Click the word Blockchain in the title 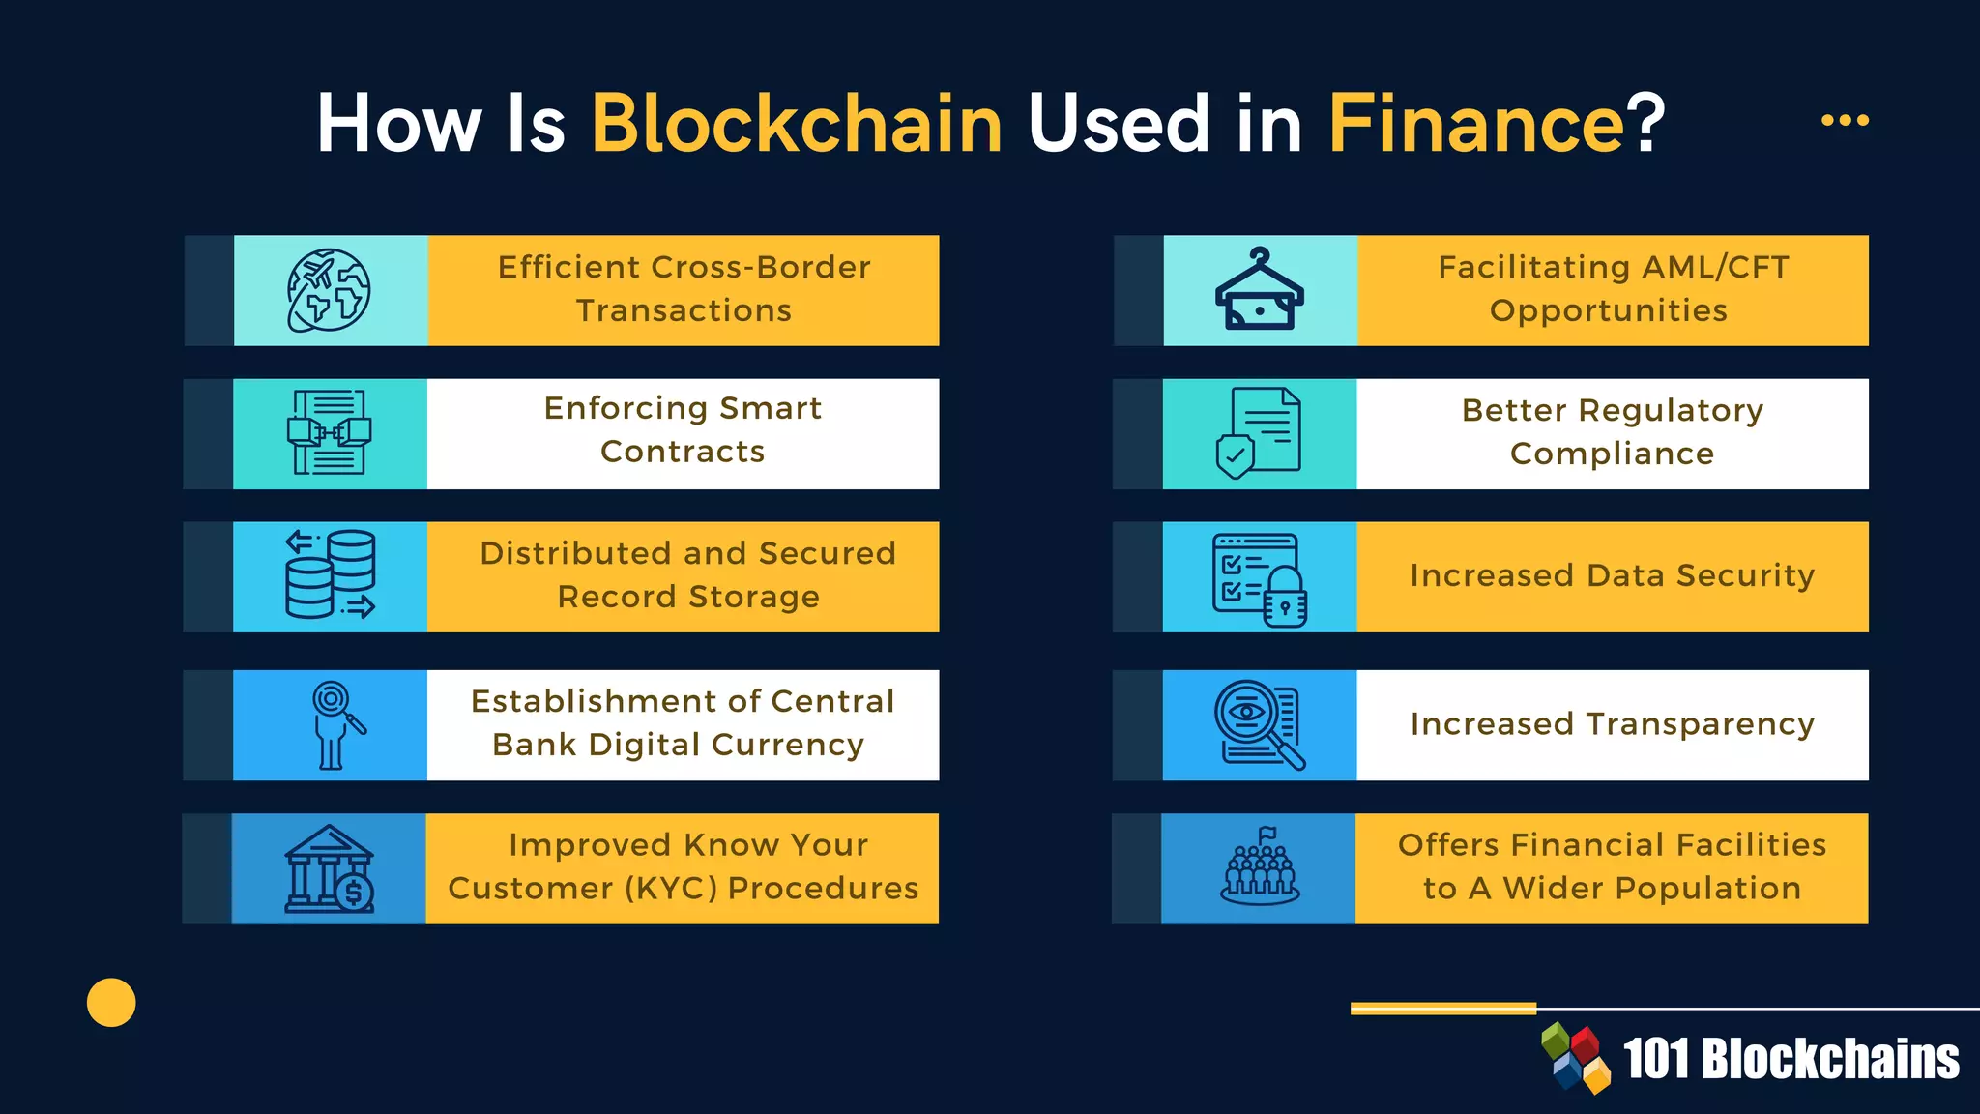[x=797, y=124]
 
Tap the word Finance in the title [x=1476, y=124]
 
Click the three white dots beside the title [x=1845, y=120]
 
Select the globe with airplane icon [x=329, y=290]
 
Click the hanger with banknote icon [x=1260, y=290]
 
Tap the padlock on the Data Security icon [x=1285, y=600]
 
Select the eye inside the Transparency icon [x=1247, y=713]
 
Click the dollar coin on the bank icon [x=355, y=892]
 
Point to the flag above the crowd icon [x=1267, y=834]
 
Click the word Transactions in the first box [x=684, y=310]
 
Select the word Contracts [x=683, y=452]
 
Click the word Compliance [x=1612, y=454]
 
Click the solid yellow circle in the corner [x=111, y=1002]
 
